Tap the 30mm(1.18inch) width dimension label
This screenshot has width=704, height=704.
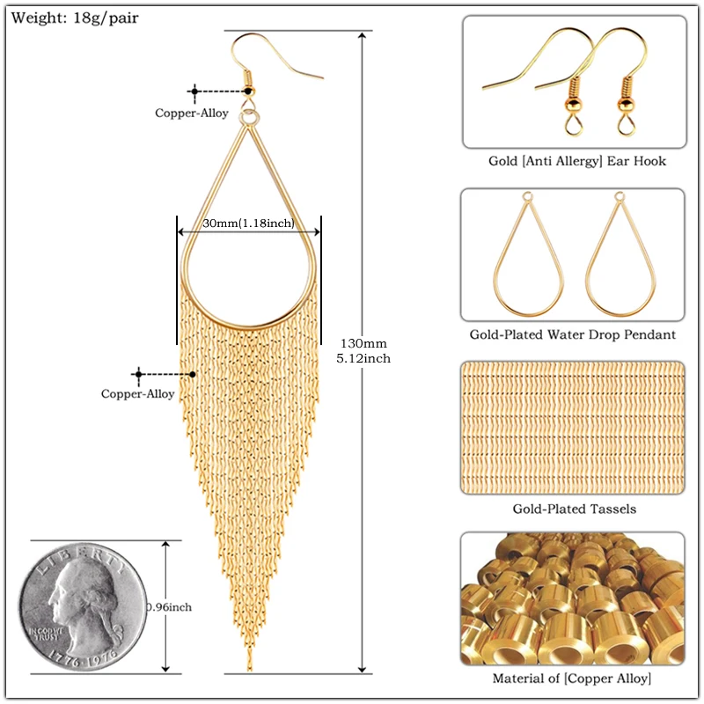click(248, 224)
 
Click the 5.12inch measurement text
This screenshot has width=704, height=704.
click(363, 358)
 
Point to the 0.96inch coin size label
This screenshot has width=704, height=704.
click(169, 606)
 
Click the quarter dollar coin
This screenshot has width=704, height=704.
click(84, 605)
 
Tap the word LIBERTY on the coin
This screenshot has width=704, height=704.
click(86, 556)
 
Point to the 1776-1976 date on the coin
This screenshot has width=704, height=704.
click(85, 657)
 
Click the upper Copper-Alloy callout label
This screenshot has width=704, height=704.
click(192, 113)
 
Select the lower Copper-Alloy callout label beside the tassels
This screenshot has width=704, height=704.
click(138, 394)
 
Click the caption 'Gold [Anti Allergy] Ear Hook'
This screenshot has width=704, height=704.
click(577, 161)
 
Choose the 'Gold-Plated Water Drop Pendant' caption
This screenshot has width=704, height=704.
click(572, 334)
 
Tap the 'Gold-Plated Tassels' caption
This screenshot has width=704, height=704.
click(574, 509)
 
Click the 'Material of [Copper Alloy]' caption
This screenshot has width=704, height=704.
click(572, 678)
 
